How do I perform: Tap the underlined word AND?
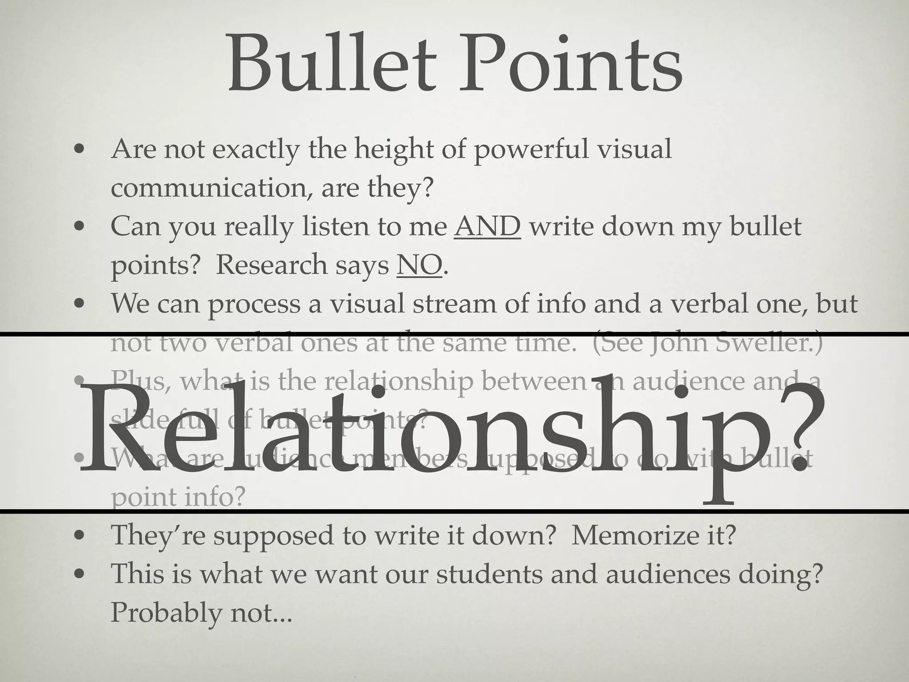pyautogui.click(x=487, y=226)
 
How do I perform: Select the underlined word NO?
pyautogui.click(x=419, y=265)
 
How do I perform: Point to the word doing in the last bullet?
pyautogui.click(x=775, y=574)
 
